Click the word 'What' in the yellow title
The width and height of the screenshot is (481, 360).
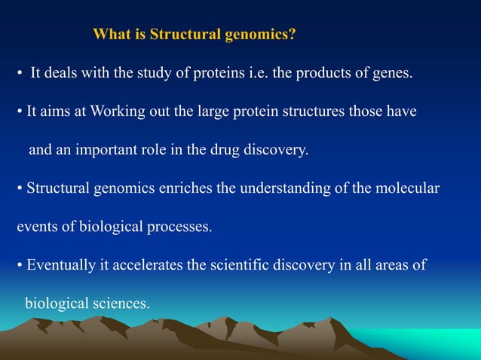pos(108,35)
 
